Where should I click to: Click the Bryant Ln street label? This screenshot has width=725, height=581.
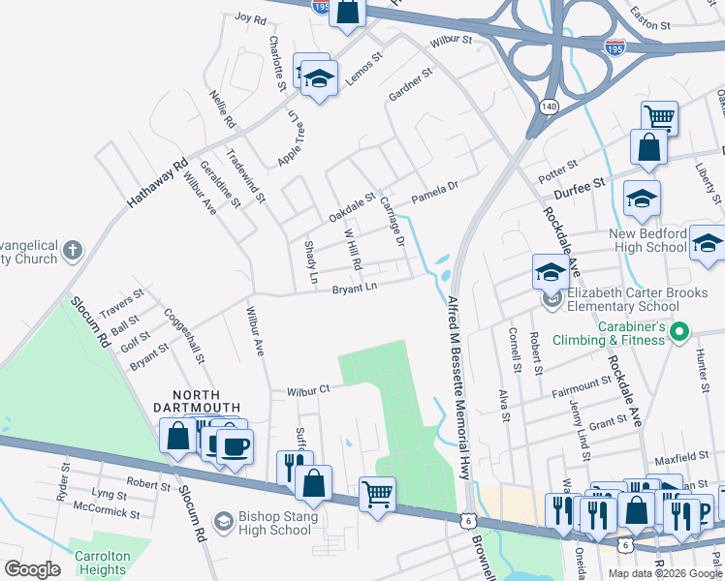(354, 289)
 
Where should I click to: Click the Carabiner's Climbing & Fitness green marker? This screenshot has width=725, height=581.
(679, 332)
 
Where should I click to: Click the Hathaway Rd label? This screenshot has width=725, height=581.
(156, 186)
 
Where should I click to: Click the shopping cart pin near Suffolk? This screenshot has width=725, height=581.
(376, 494)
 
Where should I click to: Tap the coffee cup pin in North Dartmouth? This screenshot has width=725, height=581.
(233, 445)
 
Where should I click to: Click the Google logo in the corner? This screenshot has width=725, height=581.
(32, 569)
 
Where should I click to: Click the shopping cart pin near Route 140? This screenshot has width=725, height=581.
(658, 119)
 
